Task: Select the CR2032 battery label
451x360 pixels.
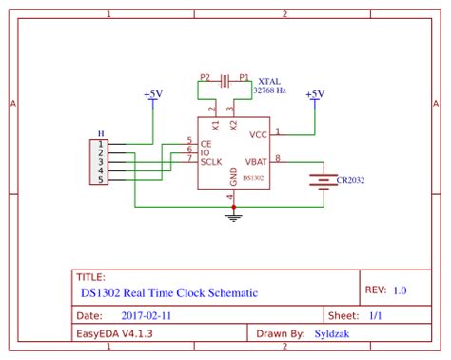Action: (350, 179)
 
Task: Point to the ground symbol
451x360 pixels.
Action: (231, 216)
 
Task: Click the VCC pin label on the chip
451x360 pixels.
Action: (258, 134)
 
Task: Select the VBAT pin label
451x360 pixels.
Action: (256, 161)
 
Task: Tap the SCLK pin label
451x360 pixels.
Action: (211, 161)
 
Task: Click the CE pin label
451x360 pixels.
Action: (206, 143)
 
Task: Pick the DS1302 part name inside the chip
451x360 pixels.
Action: (252, 177)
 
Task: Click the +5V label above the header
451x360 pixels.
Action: (152, 95)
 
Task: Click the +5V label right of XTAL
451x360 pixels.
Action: (315, 93)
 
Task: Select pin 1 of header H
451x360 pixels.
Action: (101, 145)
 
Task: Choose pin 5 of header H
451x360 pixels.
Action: (101, 178)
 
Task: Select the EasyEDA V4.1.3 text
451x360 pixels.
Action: (111, 334)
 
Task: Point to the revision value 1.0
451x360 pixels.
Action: (399, 290)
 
